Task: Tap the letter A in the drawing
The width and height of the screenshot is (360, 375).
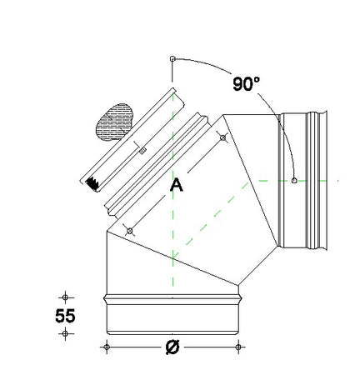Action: [176, 185]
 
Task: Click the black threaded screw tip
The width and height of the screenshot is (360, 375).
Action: [91, 182]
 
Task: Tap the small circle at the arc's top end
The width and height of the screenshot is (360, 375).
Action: [172, 59]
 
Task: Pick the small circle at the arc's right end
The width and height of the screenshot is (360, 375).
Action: [294, 179]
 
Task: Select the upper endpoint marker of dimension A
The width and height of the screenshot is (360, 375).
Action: [222, 137]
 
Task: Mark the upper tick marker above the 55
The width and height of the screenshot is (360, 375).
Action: [65, 296]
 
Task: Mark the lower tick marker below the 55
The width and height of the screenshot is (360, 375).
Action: [65, 333]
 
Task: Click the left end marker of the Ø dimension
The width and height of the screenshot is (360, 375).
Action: [106, 346]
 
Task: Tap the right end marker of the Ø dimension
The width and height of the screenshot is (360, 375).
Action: [238, 346]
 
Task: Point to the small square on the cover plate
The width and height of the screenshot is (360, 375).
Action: [142, 150]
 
